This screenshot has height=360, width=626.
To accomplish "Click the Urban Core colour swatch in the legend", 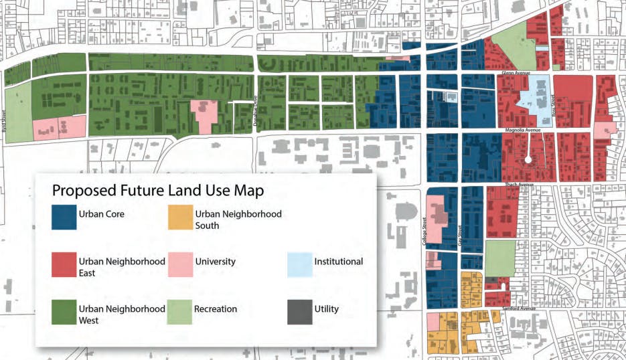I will (x=64, y=217).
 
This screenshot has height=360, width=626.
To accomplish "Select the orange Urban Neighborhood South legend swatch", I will (x=180, y=217).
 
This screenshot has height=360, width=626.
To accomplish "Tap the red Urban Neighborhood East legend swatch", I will (x=64, y=265).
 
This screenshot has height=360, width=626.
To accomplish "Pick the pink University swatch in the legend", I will (x=180, y=265).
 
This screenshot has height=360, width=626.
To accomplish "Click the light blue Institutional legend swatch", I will (x=300, y=265).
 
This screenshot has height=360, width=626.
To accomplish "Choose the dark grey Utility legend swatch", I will (x=300, y=312).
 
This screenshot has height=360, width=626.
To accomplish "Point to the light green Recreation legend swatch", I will (x=180, y=312).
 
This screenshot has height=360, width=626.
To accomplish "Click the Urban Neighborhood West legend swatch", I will (x=64, y=312).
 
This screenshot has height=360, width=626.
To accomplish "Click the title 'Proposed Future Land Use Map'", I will (x=158, y=190).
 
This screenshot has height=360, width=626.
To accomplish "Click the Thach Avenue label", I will (x=518, y=184).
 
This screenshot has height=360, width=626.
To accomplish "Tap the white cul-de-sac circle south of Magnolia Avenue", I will (x=528, y=159).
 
